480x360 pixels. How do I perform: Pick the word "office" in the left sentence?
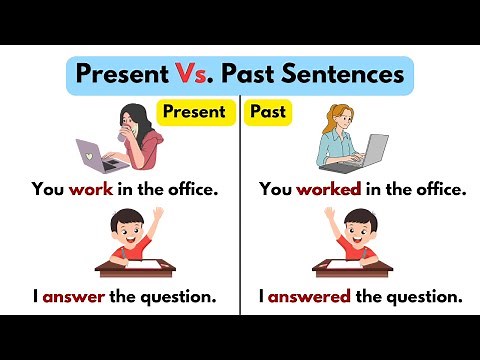tap(188, 189)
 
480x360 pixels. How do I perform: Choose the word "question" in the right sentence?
tap(429, 297)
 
